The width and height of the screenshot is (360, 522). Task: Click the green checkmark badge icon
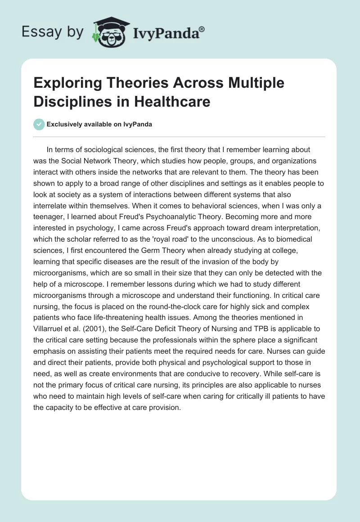tap(39, 124)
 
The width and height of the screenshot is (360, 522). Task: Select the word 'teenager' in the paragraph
tap(50, 217)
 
